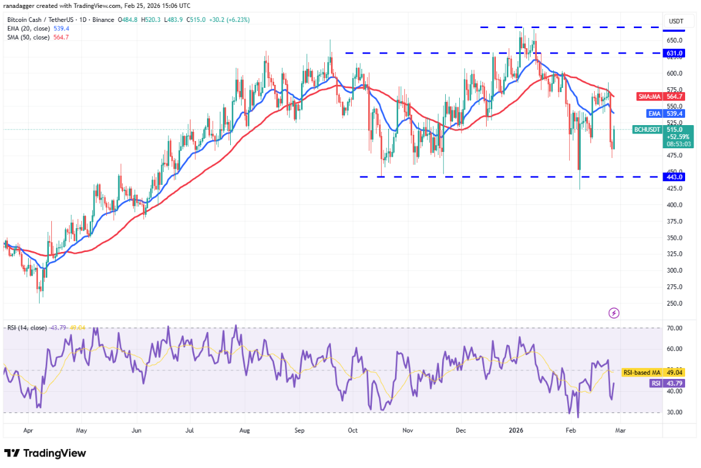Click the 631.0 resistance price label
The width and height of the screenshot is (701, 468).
(674, 53)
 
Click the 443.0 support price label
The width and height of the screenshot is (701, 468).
(674, 177)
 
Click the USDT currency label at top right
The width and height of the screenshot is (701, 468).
(675, 21)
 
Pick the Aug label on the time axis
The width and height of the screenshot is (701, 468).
(244, 430)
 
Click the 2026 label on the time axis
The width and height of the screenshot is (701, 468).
(517, 430)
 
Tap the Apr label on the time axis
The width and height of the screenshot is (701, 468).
(28, 430)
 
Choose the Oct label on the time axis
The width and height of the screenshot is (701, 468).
(352, 430)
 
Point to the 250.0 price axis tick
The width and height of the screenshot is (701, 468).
(674, 303)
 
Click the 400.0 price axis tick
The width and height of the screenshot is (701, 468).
(674, 205)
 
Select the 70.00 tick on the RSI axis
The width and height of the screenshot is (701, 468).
(674, 328)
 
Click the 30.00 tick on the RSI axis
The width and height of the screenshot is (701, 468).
(674, 412)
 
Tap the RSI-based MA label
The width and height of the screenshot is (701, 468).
(641, 372)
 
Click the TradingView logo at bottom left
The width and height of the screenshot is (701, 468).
(45, 453)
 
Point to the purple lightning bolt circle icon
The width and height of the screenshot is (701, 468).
(614, 313)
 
